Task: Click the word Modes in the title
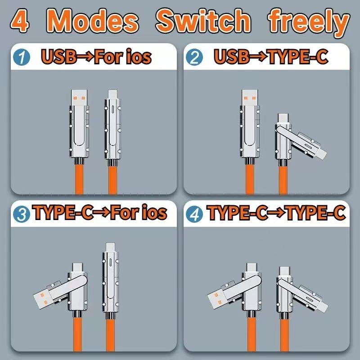click(92, 21)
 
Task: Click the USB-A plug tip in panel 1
click(80, 99)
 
